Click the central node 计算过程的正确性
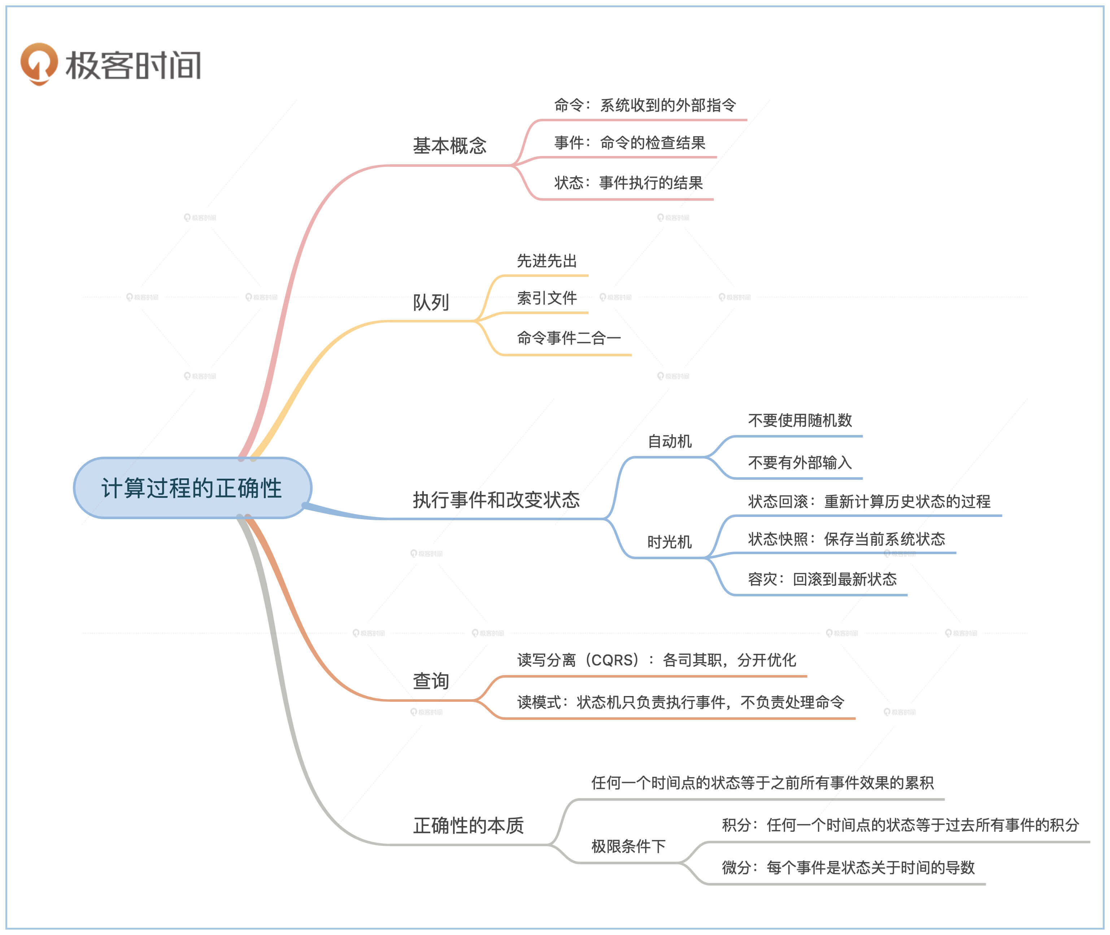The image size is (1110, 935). click(x=192, y=488)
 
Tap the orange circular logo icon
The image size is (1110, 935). click(x=39, y=63)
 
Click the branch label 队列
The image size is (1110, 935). click(x=430, y=303)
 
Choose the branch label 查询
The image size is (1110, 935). click(x=430, y=681)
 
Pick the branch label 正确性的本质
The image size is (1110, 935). click(x=468, y=825)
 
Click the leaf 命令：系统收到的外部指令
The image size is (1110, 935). click(x=645, y=105)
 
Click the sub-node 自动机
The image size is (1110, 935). click(x=670, y=442)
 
